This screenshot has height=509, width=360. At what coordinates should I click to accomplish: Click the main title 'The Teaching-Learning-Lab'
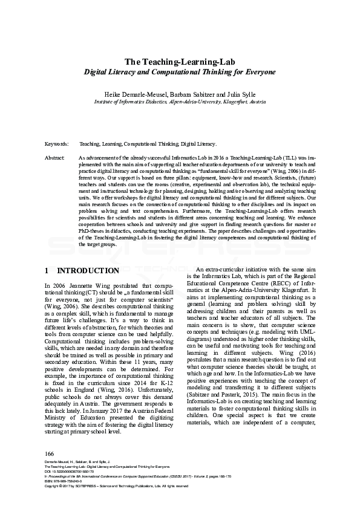180,62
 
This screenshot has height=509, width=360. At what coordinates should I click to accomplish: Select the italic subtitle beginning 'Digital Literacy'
180,72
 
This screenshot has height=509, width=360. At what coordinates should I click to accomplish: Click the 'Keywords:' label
57,145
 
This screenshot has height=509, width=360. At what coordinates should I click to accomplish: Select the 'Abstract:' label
55,157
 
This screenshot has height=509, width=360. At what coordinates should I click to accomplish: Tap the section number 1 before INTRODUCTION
48,271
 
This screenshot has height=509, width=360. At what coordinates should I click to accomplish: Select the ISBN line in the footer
64,482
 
